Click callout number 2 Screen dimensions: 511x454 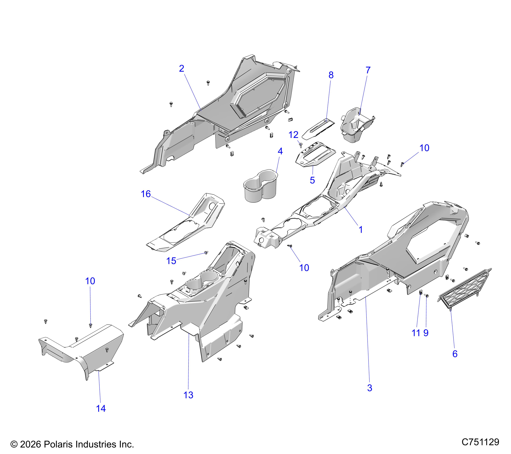(x=182, y=69)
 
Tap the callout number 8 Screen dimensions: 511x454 (x=331, y=75)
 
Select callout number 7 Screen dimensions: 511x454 (x=368, y=71)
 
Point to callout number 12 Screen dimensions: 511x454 (x=294, y=135)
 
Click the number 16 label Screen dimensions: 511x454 (x=146, y=194)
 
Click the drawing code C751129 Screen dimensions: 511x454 (x=480, y=442)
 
